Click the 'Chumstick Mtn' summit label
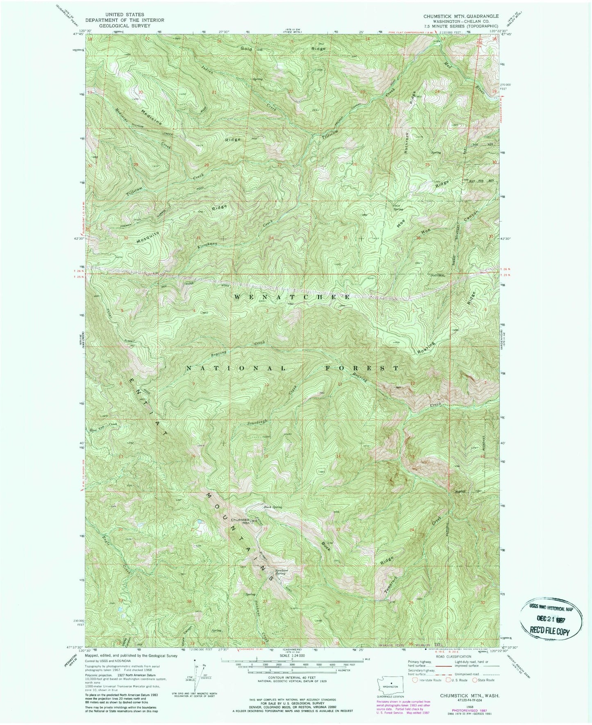pyautogui.click(x=240, y=521)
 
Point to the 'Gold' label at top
pyautogui.click(x=246, y=49)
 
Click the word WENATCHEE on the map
pyautogui.click(x=292, y=296)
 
